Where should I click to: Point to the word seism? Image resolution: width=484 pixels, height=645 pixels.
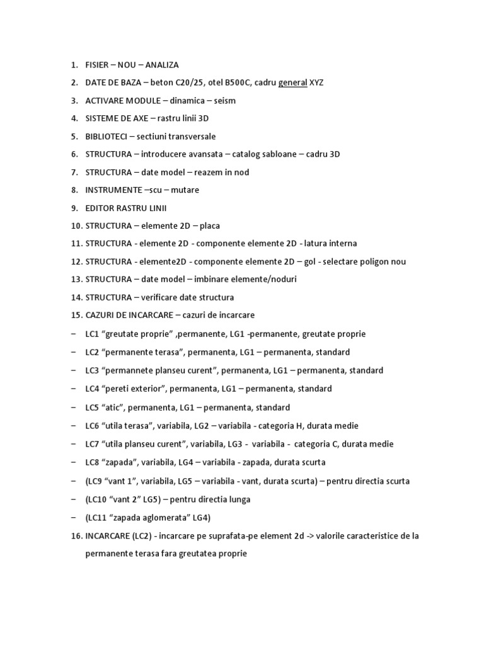223,100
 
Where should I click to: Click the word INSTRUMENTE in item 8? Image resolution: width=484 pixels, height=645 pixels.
113,190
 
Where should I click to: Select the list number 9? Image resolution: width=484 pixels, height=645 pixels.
74,208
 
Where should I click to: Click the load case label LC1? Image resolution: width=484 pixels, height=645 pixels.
93,334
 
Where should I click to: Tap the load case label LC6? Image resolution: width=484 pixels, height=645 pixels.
93,426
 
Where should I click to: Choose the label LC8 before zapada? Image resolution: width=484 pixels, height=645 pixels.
93,462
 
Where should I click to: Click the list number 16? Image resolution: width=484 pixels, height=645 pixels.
76,536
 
